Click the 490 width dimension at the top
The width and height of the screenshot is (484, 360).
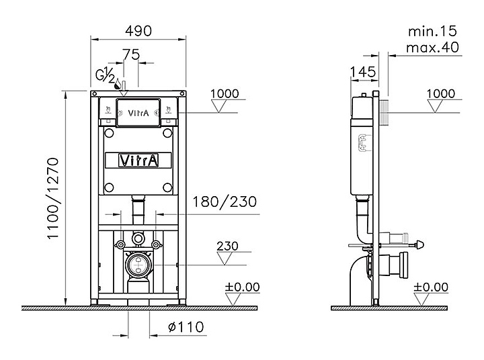click(x=139, y=31)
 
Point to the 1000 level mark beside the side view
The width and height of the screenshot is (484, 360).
click(x=441, y=94)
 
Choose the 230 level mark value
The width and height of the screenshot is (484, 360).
click(x=228, y=246)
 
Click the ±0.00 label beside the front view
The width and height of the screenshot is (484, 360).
click(x=242, y=287)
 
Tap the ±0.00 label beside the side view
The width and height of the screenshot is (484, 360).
click(x=430, y=287)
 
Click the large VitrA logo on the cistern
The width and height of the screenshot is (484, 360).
click(x=139, y=160)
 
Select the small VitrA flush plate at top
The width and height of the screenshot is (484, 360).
click(x=139, y=112)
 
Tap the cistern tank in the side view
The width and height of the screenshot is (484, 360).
click(x=363, y=144)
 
